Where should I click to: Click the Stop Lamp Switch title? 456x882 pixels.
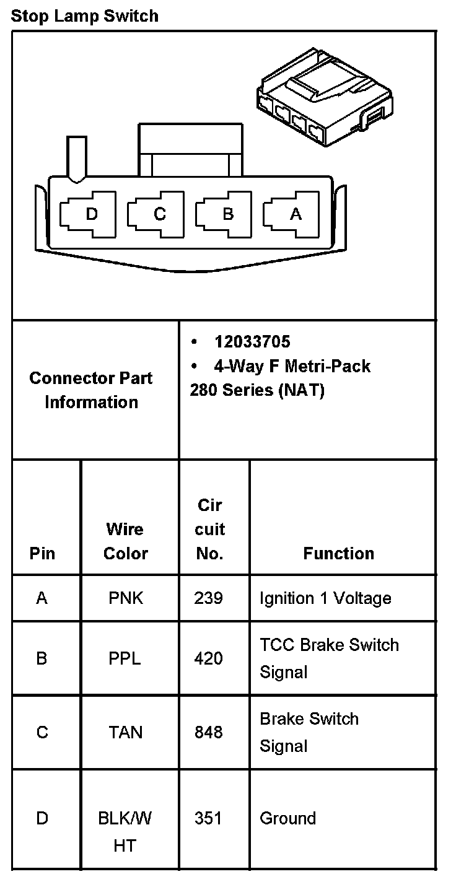pyautogui.click(x=84, y=15)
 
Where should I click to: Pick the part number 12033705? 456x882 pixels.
pyautogui.click(x=252, y=342)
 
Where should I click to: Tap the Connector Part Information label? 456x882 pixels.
pyautogui.click(x=91, y=390)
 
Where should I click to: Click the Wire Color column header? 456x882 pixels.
pyautogui.click(x=125, y=541)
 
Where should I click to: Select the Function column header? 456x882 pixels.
pyautogui.click(x=338, y=553)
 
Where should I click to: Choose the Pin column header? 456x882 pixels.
pyautogui.click(x=42, y=553)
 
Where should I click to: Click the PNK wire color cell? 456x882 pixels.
pyautogui.click(x=125, y=598)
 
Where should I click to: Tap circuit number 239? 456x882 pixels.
pyautogui.click(x=208, y=598)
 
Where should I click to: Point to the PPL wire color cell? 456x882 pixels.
pyautogui.click(x=125, y=658)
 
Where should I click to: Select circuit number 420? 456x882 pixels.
pyautogui.click(x=208, y=658)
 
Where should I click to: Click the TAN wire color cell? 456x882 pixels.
pyautogui.click(x=125, y=733)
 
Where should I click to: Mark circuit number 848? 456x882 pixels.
pyautogui.click(x=208, y=733)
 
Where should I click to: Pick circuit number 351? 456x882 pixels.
pyautogui.click(x=208, y=819)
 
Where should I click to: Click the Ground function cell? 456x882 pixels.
pyautogui.click(x=287, y=819)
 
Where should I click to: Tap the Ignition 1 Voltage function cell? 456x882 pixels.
pyautogui.click(x=325, y=598)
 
